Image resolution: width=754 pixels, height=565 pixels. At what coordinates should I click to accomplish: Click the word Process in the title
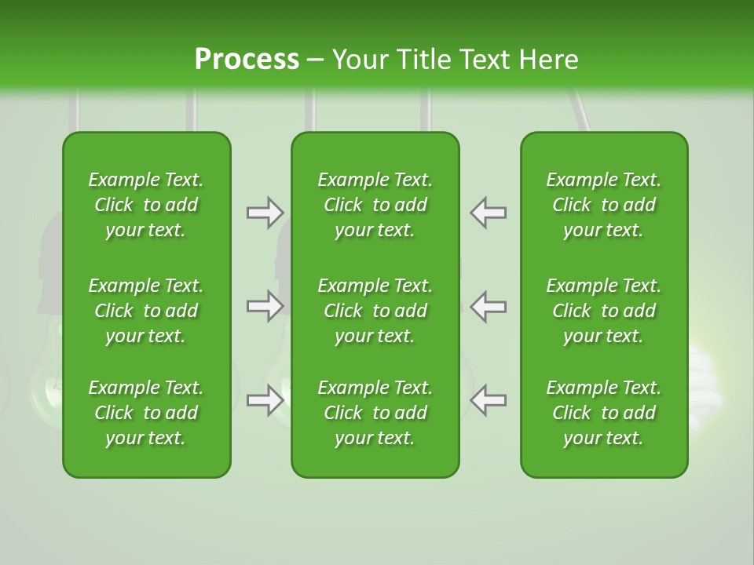click(x=247, y=60)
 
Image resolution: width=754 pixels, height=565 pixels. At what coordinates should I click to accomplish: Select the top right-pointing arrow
click(x=265, y=213)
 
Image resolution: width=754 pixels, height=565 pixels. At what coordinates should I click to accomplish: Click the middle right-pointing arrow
click(x=265, y=306)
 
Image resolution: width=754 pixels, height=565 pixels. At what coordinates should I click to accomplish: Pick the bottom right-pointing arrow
click(x=265, y=400)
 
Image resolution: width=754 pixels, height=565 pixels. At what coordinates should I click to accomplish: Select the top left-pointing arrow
click(x=489, y=213)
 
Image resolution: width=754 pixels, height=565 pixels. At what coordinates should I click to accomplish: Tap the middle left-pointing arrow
click(x=489, y=306)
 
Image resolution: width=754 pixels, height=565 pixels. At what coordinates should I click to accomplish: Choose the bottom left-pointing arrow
click(x=489, y=400)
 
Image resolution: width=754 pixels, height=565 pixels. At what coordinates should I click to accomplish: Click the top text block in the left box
click(x=146, y=205)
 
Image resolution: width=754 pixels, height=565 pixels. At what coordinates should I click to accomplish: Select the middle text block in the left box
click(x=146, y=311)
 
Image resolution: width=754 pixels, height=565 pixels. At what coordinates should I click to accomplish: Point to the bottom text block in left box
click(x=146, y=413)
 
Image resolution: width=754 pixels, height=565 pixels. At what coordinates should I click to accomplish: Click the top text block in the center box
click(x=375, y=205)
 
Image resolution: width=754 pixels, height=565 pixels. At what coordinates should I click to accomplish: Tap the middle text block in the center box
click(x=375, y=311)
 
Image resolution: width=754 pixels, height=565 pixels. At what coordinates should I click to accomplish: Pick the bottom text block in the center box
click(x=375, y=413)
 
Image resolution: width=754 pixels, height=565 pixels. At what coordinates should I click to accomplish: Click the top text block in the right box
click(x=603, y=205)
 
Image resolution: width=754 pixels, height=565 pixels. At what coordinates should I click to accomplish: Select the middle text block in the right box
click(x=603, y=311)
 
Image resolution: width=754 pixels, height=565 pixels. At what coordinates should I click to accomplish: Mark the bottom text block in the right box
click(x=603, y=413)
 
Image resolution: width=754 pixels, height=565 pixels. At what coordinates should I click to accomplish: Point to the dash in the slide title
click(x=316, y=61)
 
